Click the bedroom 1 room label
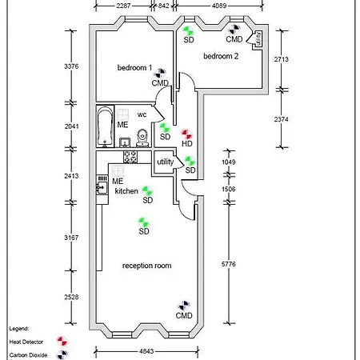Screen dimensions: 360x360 point(134,68)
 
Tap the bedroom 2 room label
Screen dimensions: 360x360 point(221,56)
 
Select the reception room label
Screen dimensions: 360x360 point(147,266)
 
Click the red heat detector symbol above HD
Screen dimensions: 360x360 point(187,134)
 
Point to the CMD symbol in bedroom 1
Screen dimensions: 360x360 point(161,73)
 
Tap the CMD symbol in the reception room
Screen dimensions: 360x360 point(184,306)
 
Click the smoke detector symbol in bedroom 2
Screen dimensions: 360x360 point(189,30)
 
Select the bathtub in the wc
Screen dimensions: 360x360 point(105,126)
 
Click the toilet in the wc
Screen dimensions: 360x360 point(142,138)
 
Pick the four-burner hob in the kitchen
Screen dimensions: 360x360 point(130,157)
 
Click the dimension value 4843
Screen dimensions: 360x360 point(146,351)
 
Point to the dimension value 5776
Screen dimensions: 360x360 point(229,264)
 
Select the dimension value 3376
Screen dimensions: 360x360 point(71,66)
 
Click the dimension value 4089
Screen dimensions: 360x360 point(219,6)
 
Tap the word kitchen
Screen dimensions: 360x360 point(126,191)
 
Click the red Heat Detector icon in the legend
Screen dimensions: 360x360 point(62,341)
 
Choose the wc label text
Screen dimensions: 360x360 point(142,115)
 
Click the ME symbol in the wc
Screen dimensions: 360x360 point(122,114)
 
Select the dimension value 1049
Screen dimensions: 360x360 point(229,162)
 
